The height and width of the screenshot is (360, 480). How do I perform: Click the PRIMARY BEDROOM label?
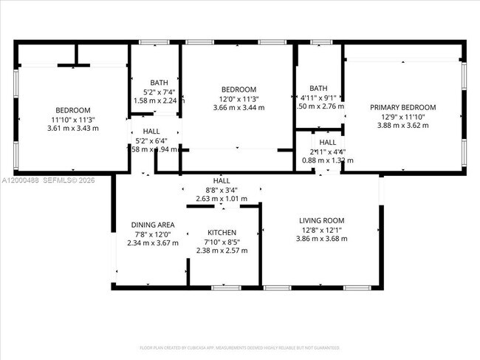(402, 107)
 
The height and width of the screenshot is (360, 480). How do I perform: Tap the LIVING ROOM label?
(321, 220)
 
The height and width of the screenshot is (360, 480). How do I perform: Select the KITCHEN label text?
(222, 232)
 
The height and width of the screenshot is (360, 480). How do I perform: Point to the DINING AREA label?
(153, 225)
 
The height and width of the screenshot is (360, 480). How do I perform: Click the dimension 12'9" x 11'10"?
(402, 117)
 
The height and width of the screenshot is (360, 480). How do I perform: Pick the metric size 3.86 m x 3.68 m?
(321, 238)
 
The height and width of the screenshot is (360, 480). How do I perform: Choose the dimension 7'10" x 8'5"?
(222, 242)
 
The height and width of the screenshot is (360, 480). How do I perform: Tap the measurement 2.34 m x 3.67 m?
(153, 242)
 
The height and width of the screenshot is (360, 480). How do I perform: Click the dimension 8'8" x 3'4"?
(222, 189)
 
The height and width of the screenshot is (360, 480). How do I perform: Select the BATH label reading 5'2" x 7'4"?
(159, 83)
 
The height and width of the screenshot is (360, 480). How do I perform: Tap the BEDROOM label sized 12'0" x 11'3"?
(239, 89)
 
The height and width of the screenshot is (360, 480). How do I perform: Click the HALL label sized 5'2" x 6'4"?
(151, 130)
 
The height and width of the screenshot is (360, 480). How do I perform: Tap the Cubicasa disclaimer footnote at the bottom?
(240, 347)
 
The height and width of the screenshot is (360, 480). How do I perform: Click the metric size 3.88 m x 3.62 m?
(402, 126)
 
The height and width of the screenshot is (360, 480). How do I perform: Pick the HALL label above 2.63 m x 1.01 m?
(222, 180)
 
